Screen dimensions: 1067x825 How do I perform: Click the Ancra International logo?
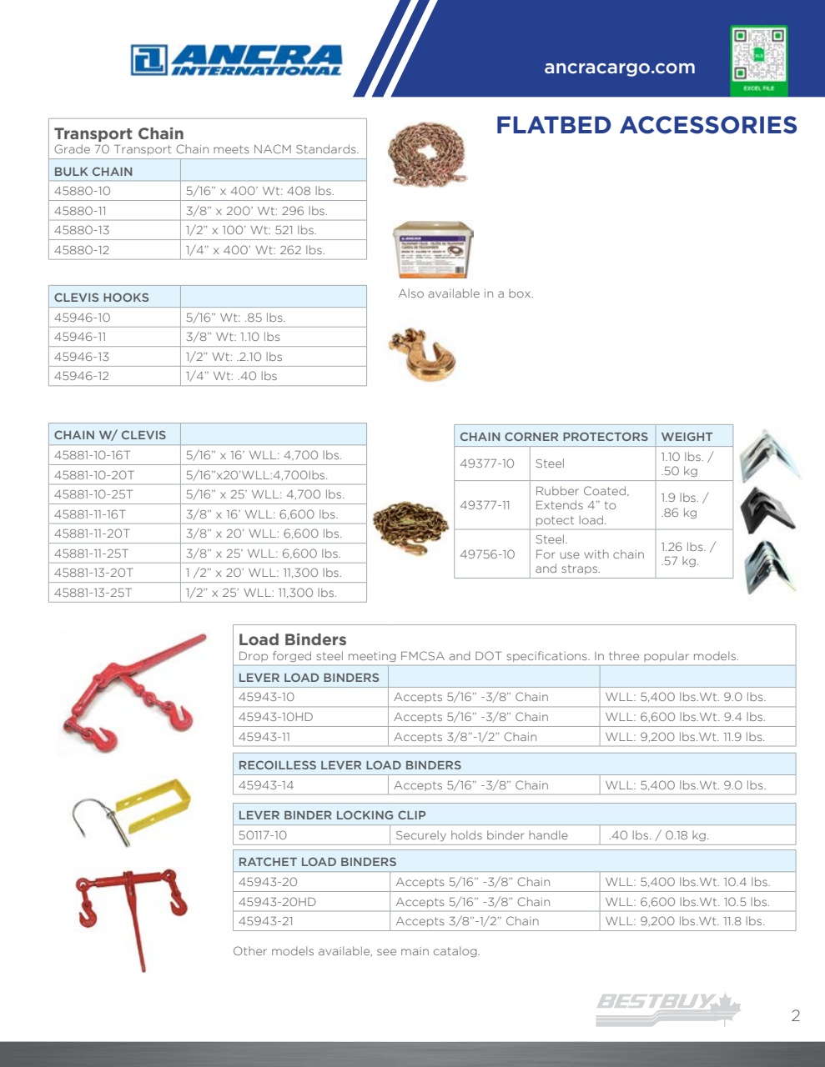click(236, 60)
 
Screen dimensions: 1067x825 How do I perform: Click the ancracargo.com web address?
click(619, 68)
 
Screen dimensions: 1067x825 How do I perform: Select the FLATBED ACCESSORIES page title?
click(646, 125)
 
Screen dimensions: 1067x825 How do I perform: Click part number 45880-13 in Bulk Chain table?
click(82, 230)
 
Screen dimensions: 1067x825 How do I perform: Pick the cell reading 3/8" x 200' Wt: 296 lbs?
click(256, 211)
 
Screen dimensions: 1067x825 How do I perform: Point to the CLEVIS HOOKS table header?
click(102, 298)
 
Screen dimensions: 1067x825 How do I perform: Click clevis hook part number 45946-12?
click(82, 376)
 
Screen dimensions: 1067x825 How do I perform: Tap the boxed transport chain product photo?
click(433, 249)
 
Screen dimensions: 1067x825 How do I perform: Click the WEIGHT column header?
click(687, 437)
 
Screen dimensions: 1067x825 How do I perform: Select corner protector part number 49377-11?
click(487, 505)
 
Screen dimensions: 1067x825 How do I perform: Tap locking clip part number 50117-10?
click(263, 835)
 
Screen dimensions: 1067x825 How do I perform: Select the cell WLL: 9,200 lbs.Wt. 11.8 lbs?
click(685, 921)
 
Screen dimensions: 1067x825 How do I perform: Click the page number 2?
click(795, 1015)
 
